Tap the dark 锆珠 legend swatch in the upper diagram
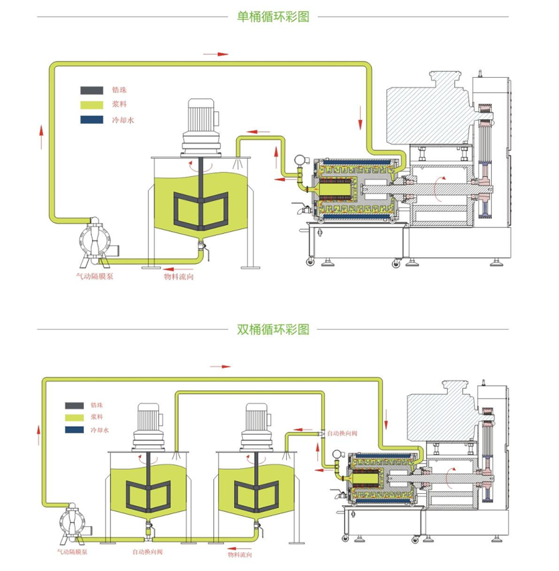(x=92, y=91)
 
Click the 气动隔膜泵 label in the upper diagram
(x=94, y=276)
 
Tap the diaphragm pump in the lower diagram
(x=74, y=519)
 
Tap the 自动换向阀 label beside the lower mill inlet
(x=342, y=432)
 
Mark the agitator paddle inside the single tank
(x=201, y=208)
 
